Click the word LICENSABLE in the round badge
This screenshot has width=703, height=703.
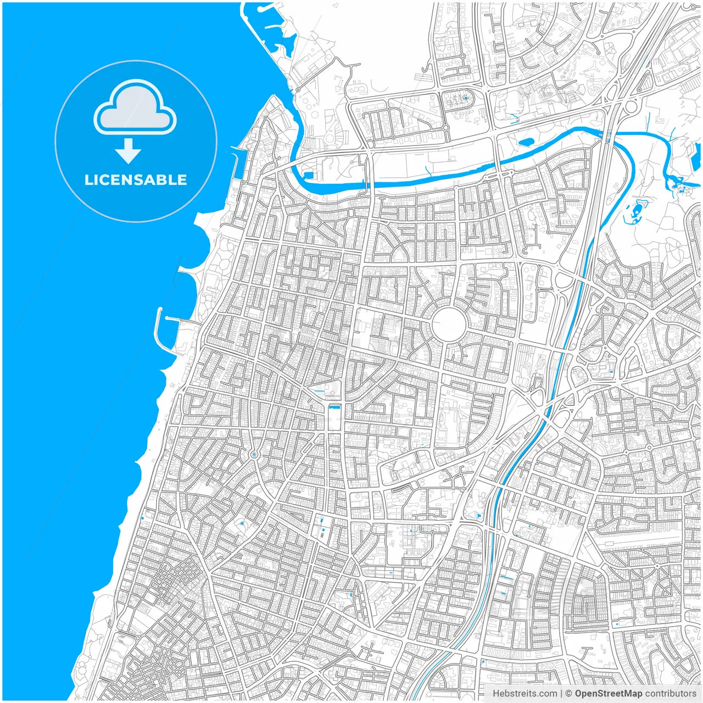coord(136,180)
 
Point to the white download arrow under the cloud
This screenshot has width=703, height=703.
coord(129,150)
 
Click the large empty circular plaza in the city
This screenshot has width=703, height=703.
coord(449,323)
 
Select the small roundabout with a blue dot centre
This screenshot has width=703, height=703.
coord(254,455)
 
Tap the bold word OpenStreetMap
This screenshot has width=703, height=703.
coord(609,694)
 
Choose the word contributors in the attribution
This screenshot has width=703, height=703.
coord(671,694)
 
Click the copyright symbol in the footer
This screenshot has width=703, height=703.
coord(569,694)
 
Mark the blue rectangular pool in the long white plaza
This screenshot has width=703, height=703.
coord(333,408)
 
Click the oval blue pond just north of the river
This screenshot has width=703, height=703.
coord(526,142)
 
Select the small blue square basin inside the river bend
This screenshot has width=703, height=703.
coord(308,175)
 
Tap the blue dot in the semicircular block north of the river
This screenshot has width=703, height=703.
coord(466,98)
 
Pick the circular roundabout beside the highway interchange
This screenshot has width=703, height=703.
coord(631,106)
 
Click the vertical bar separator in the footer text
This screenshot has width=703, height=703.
coord(561,694)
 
